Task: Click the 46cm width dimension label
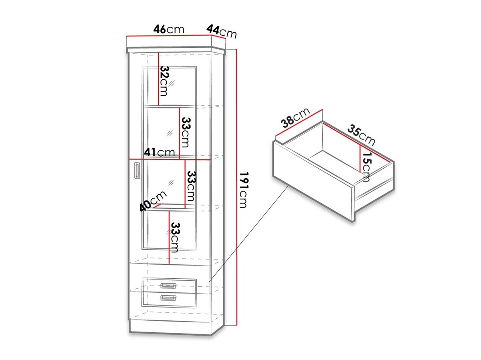point(168,29)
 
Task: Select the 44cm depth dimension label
point(222,31)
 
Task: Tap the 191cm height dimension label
point(244,190)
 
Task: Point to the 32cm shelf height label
point(164,81)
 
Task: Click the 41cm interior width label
point(159,152)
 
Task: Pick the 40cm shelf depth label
point(153,201)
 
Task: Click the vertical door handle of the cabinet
point(137,171)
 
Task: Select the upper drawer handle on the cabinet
point(168,286)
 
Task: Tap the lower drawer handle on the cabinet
point(168,298)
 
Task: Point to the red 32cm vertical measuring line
point(158,78)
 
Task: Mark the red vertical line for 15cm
point(360,159)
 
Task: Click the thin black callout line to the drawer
point(248,234)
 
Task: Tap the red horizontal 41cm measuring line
point(170,159)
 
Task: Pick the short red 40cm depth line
point(157,206)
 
